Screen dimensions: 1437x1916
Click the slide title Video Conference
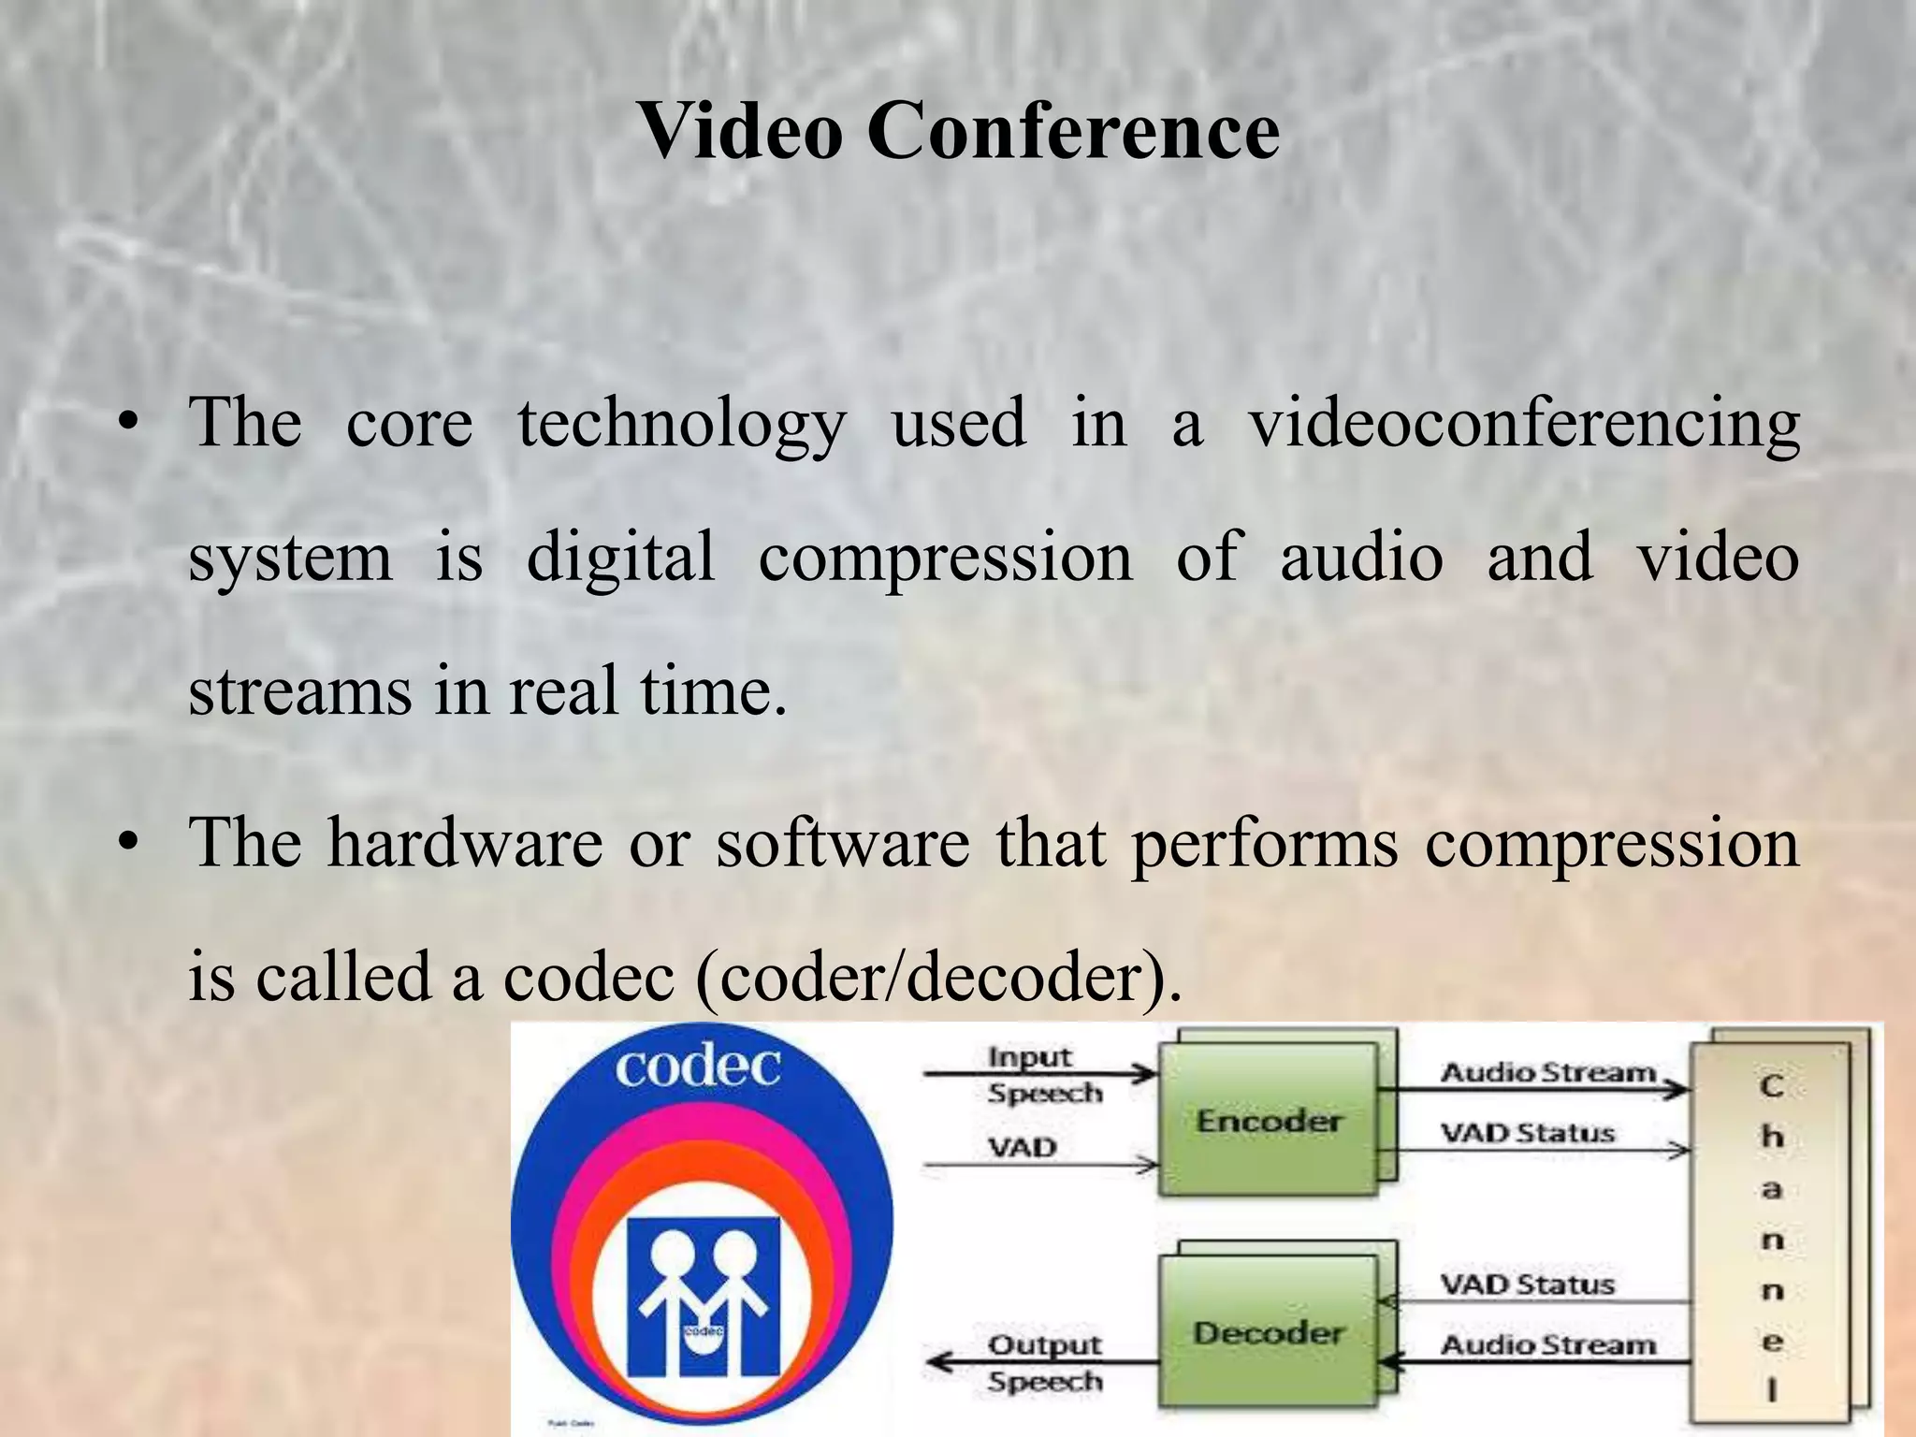click(x=958, y=131)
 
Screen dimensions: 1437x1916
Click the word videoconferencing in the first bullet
click(x=1525, y=423)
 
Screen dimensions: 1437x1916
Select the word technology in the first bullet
click(x=682, y=423)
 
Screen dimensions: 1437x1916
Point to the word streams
click(x=299, y=691)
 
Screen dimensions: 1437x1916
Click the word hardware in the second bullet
click(x=465, y=842)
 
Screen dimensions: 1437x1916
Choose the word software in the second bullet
click(x=843, y=842)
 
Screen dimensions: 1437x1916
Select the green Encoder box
click(x=1269, y=1120)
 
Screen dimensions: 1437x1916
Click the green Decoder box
click(x=1269, y=1332)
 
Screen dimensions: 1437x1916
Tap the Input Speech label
click(x=1043, y=1075)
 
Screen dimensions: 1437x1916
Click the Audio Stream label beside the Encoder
click(x=1547, y=1072)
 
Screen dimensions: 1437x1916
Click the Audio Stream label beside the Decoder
click(x=1547, y=1345)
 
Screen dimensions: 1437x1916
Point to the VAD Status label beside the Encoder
click(x=1527, y=1133)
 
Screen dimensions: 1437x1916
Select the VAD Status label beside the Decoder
click(x=1527, y=1285)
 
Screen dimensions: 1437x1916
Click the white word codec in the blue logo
click(x=698, y=1067)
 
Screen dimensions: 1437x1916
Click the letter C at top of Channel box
click(x=1771, y=1086)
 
